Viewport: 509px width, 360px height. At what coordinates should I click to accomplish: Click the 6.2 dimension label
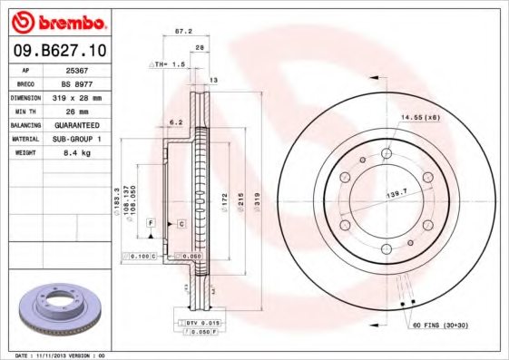(176, 121)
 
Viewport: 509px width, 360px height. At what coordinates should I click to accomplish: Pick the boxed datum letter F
(152, 222)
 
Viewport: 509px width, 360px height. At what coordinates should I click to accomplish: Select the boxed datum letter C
(181, 222)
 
